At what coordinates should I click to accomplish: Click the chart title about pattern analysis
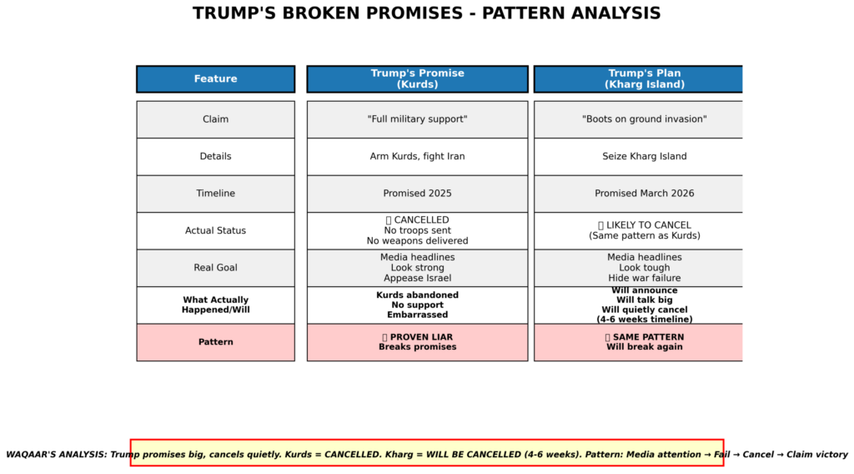(426, 13)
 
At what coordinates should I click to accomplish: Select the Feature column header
(216, 79)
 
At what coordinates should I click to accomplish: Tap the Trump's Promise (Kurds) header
(417, 79)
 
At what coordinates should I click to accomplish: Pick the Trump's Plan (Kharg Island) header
(638, 79)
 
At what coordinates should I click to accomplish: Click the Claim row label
(216, 119)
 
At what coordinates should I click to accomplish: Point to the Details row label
(216, 156)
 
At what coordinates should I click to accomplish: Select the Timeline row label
(216, 194)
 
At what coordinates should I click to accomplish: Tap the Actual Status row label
(216, 230)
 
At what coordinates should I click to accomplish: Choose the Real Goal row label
(216, 268)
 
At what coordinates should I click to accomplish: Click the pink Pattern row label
(216, 342)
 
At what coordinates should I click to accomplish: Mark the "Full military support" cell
(417, 119)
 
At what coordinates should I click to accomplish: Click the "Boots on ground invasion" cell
(638, 119)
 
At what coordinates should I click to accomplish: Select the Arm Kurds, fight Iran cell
(417, 156)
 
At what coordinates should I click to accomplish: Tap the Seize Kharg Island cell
(638, 156)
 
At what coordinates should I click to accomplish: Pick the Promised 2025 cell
(417, 194)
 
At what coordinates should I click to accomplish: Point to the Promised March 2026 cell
(638, 194)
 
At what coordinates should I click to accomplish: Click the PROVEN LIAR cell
(417, 342)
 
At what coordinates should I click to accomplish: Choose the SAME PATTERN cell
(638, 342)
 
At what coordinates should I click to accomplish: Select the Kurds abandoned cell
(417, 305)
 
